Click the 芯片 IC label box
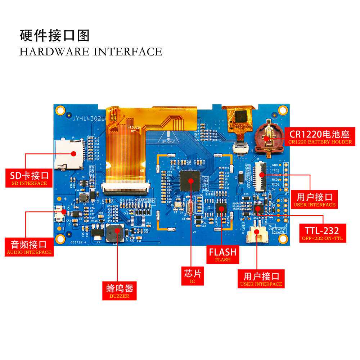pos(192,276)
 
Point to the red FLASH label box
pos(222,254)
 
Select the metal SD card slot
pos(69,154)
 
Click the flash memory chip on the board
pos(221,209)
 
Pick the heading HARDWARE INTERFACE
pos(91,51)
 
